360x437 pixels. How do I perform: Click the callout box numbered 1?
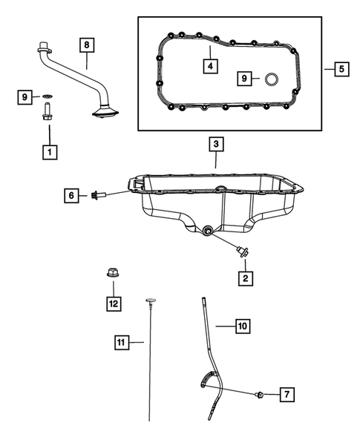pos(49,153)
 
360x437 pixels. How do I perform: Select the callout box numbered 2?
pos(243,278)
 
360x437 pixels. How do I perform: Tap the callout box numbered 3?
pos(215,143)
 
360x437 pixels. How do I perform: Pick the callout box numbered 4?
pos(211,66)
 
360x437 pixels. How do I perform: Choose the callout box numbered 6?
pos(71,195)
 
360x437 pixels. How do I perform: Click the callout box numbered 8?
pos(87,46)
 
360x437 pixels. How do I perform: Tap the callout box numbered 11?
pos(120,342)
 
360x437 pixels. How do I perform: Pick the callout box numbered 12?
pos(112,302)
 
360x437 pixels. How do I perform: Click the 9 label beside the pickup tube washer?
pos(25,96)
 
